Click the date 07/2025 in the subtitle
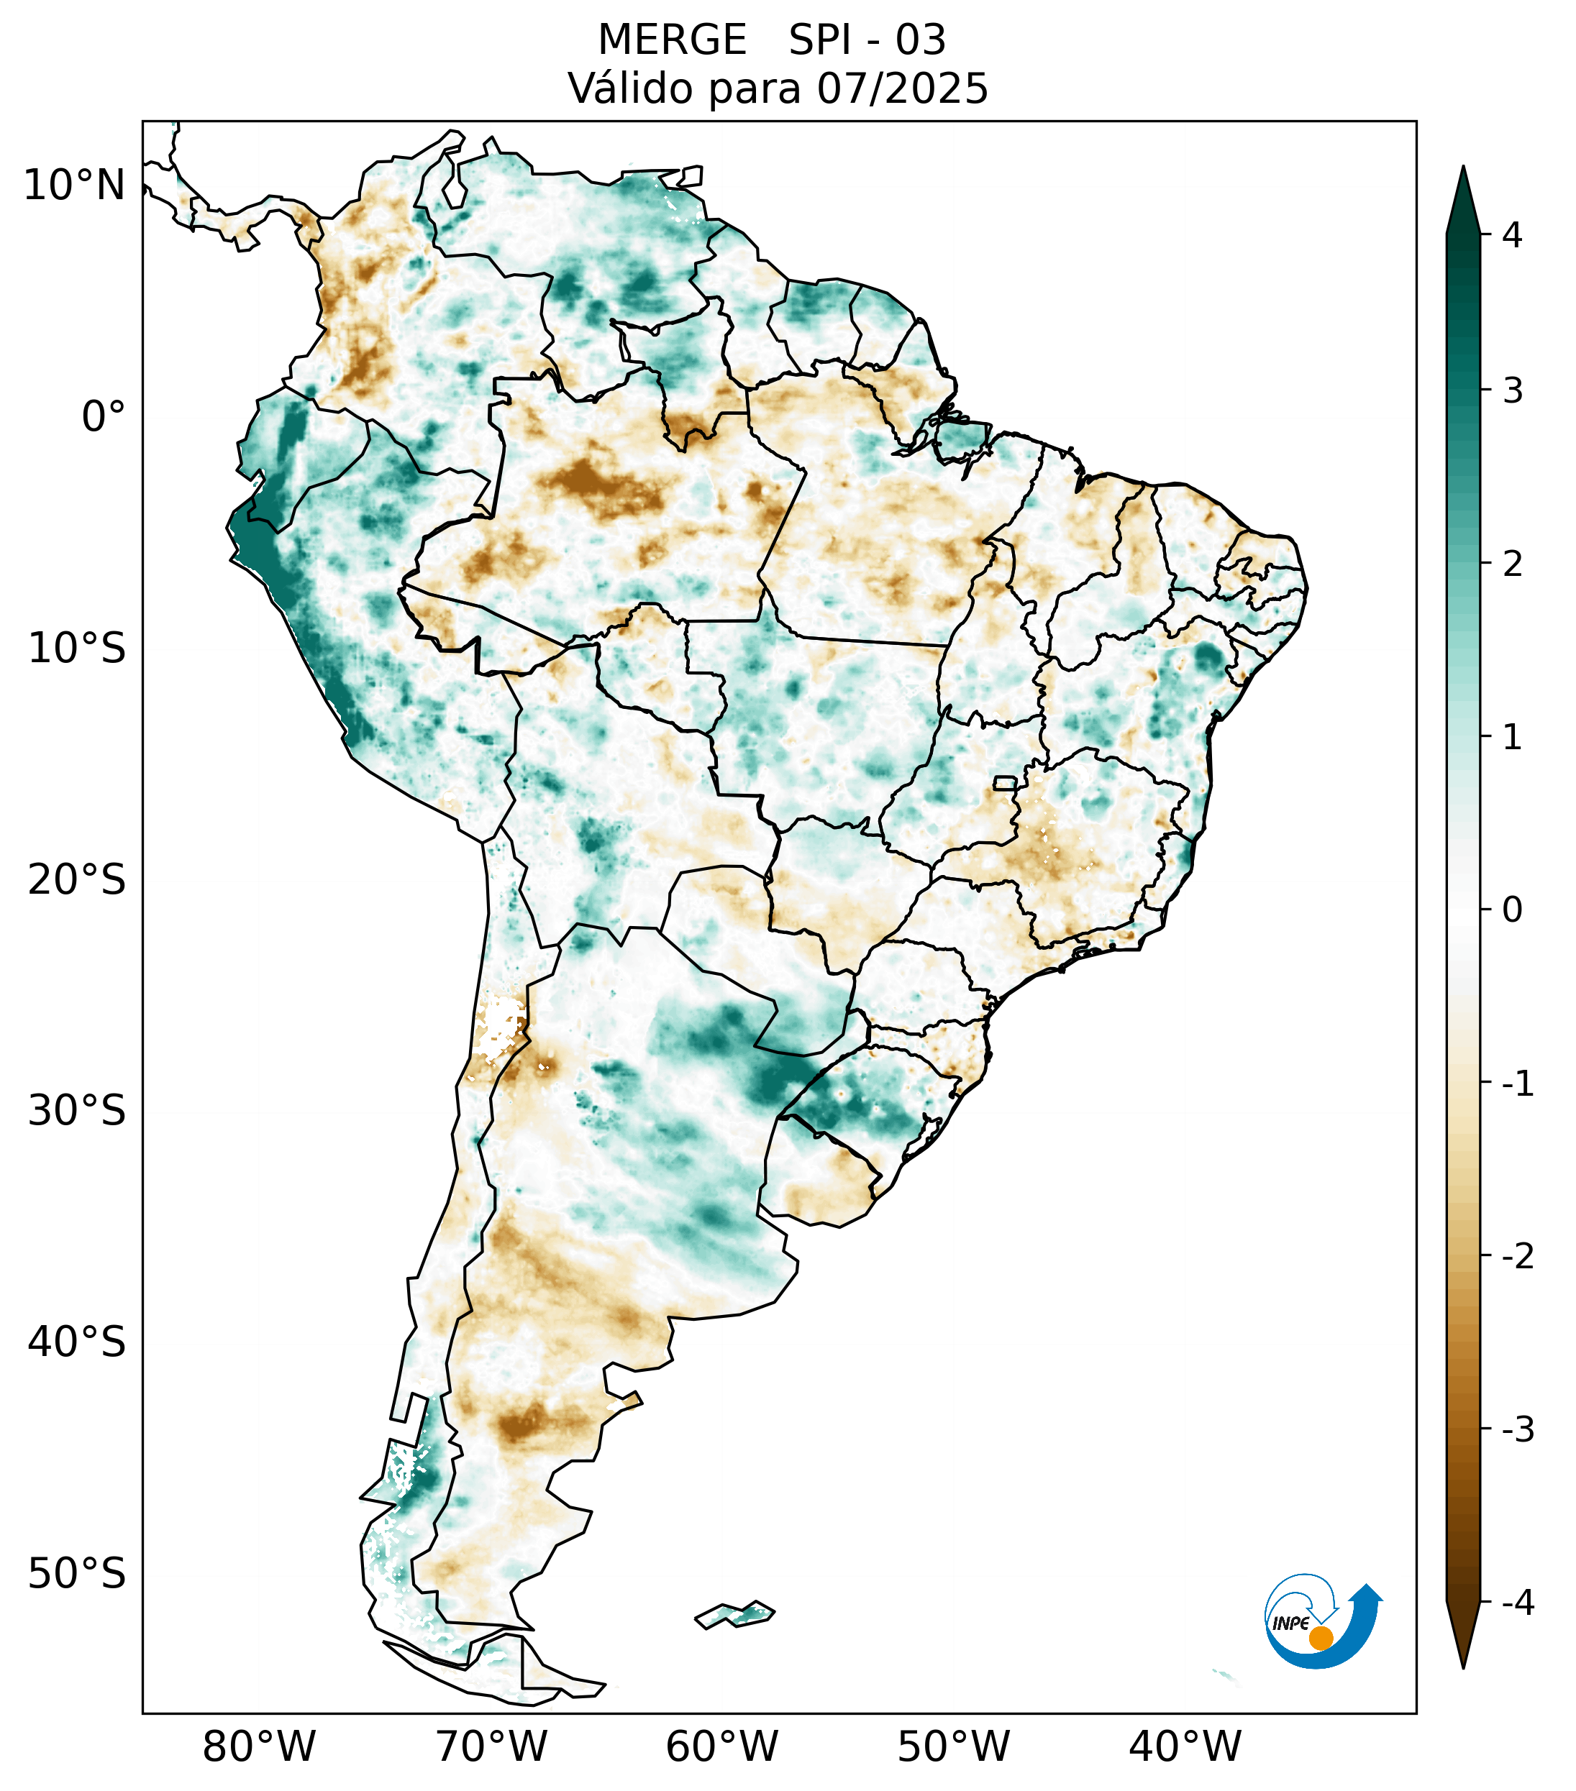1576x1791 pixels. [x=902, y=88]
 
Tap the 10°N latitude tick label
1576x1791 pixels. [x=75, y=185]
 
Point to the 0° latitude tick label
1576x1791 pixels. [x=104, y=417]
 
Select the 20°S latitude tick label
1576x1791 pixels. [x=77, y=880]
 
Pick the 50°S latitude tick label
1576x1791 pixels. [x=77, y=1574]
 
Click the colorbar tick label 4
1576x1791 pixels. [x=1512, y=235]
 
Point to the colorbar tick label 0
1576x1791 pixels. [x=1512, y=910]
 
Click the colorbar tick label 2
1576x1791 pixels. [x=1512, y=564]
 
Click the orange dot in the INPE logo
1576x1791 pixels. [x=1320, y=1638]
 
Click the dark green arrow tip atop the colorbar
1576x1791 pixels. [x=1462, y=197]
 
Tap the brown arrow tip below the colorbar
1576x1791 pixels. [x=1462, y=1637]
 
